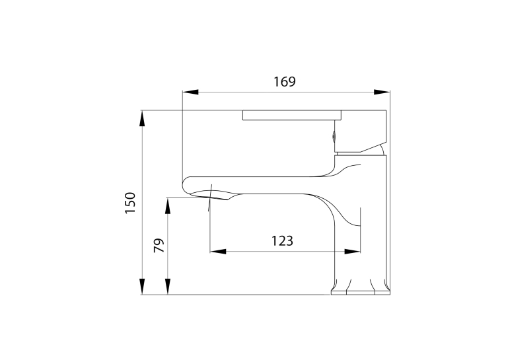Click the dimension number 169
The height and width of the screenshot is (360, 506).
point(285,82)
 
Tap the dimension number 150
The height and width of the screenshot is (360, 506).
point(130,203)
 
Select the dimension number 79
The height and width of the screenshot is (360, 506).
point(159,246)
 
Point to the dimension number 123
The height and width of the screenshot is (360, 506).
point(282,241)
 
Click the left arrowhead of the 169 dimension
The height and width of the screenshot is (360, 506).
point(190,92)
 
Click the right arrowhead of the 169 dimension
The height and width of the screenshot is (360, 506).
point(382,92)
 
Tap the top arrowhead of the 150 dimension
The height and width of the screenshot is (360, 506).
point(142,118)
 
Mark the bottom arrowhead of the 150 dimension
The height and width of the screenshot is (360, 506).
point(142,287)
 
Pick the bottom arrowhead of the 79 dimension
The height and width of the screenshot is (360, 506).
point(168,287)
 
